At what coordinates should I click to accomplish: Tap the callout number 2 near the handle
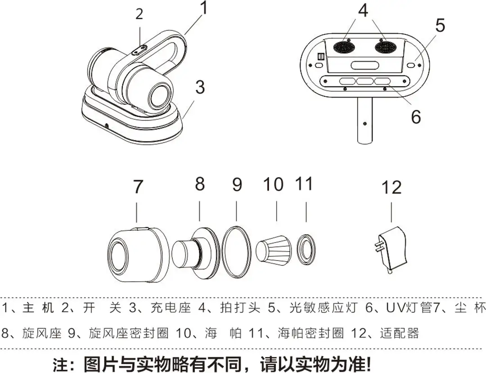[x=139, y=14]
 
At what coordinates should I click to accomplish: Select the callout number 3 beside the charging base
[x=200, y=87]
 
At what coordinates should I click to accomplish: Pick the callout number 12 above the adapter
[x=391, y=187]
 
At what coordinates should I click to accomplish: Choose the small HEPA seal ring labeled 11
[x=306, y=248]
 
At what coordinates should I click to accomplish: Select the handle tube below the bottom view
[x=365, y=121]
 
